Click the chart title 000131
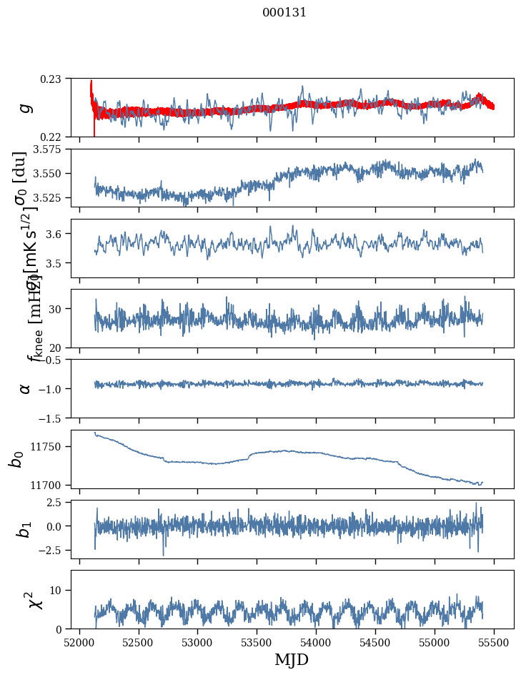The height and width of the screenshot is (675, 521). (284, 12)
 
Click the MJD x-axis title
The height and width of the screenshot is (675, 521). (292, 659)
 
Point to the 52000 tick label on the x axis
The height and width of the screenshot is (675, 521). (79, 641)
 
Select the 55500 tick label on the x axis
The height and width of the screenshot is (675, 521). (495, 641)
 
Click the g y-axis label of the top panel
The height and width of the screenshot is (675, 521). (25, 107)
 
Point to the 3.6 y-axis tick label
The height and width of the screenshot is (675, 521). (59, 234)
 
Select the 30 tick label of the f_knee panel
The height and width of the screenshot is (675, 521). (59, 309)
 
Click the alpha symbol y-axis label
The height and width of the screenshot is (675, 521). (25, 388)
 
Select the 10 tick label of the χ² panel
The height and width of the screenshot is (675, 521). (59, 590)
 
